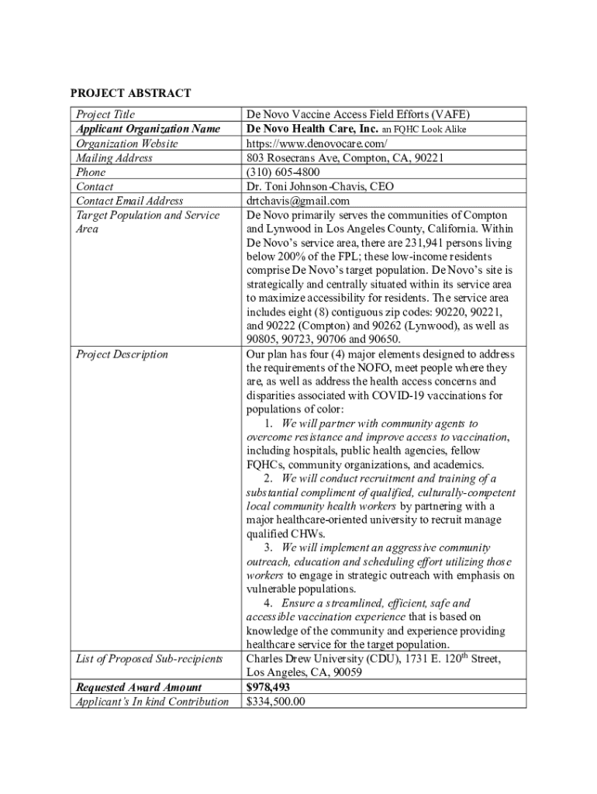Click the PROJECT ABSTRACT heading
click(x=130, y=93)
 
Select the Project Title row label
click(x=105, y=114)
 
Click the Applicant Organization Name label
click(x=147, y=129)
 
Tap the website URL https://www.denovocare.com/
click(x=316, y=143)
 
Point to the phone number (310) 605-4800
click(x=283, y=172)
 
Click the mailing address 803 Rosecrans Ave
click(x=292, y=158)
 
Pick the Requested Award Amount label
click(x=138, y=687)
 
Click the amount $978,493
click(x=268, y=687)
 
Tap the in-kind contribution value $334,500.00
click(x=276, y=702)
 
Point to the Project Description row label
click(x=122, y=354)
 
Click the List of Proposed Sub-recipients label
click(x=149, y=659)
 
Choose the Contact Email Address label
click(x=129, y=201)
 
